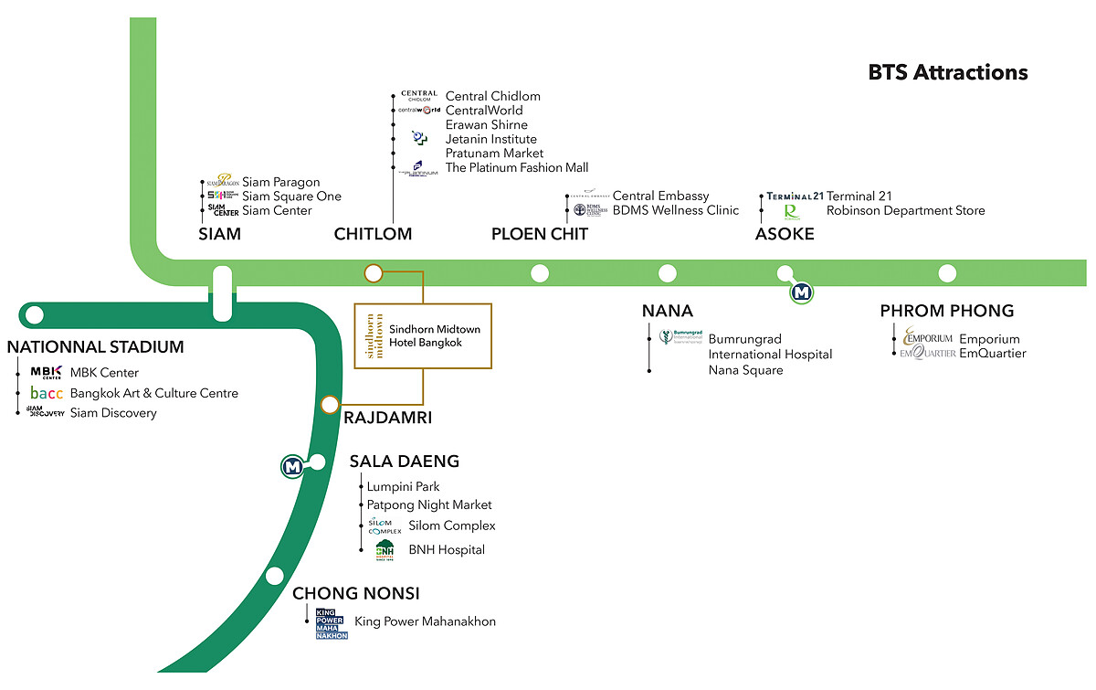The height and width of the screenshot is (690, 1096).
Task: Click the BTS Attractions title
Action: click(948, 72)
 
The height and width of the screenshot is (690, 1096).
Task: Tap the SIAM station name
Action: click(220, 234)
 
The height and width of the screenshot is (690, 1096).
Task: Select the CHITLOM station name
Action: click(373, 234)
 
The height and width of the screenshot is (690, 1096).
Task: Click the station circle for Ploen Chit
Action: click(540, 272)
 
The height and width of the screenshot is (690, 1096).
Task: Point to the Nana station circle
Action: click(668, 272)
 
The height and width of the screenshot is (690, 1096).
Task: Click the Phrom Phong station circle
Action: click(947, 272)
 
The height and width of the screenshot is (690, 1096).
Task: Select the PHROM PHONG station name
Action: click(947, 311)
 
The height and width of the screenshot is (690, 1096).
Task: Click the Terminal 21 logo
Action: click(795, 196)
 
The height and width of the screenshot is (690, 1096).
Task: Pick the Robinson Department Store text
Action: click(905, 210)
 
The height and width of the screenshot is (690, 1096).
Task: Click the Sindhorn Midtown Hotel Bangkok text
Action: click(435, 335)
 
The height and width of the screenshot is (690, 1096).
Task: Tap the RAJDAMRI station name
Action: click(387, 418)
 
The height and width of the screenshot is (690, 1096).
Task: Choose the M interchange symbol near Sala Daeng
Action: click(293, 466)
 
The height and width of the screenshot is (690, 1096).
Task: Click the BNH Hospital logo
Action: click(385, 550)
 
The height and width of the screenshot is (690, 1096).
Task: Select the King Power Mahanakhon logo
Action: click(332, 623)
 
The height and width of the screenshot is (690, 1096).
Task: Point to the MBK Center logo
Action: click(45, 372)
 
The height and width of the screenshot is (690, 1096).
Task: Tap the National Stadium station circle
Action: click(35, 315)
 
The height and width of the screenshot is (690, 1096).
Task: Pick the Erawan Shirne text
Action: click(486, 124)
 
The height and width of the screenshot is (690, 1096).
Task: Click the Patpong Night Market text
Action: click(429, 504)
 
